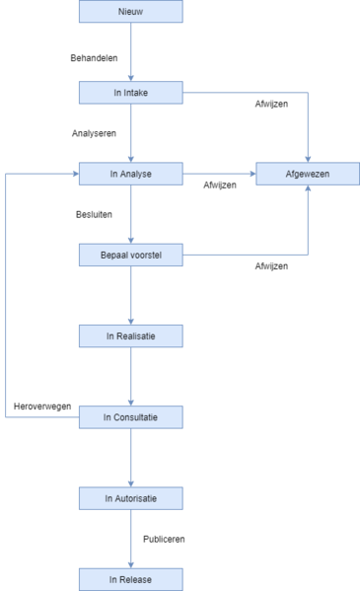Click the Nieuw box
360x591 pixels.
(130, 12)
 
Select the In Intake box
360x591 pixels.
(130, 93)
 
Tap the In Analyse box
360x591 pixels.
(130, 174)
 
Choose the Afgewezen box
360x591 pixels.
(308, 174)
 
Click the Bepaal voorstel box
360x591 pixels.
(130, 256)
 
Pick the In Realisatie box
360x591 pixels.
(130, 336)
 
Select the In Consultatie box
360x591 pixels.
(130, 417)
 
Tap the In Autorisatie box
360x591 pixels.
(130, 498)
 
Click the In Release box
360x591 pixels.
(130, 579)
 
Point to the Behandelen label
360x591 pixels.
(95, 58)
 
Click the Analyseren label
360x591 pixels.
(96, 132)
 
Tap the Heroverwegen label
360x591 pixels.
(41, 406)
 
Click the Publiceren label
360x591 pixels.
(164, 540)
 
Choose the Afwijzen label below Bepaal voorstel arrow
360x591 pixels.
(272, 266)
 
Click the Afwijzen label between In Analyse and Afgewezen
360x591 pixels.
(220, 185)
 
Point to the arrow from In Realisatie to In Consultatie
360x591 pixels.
(130, 377)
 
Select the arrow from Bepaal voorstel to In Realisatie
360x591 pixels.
(130, 296)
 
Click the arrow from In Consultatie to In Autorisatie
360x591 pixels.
(130, 458)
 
